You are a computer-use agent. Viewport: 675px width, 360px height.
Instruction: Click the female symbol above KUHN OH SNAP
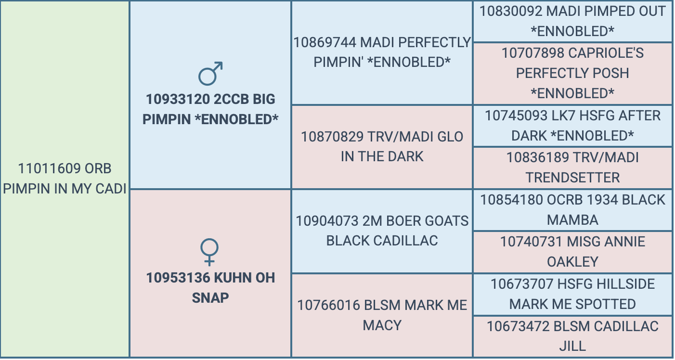pos(209,252)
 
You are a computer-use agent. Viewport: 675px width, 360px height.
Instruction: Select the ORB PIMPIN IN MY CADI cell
pos(65,179)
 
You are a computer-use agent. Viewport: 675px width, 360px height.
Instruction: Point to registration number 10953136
pos(178,278)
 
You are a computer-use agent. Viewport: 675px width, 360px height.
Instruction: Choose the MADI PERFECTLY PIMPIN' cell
pos(382,53)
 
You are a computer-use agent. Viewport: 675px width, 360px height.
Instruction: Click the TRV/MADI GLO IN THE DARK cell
pos(382,147)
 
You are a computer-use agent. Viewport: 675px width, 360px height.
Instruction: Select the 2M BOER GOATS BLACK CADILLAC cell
pos(382,231)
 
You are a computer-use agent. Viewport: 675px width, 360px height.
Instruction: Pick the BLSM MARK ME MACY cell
pos(382,316)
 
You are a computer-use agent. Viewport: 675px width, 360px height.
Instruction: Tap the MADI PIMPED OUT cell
pos(572,21)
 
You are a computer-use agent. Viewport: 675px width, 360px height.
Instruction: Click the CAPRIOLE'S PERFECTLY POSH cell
pos(572,74)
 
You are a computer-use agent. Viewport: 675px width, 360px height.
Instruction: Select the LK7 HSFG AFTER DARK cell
pos(572,126)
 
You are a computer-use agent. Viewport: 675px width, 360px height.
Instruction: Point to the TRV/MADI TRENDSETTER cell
pos(572,168)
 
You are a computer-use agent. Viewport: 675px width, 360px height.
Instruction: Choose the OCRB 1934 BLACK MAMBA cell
pos(572,210)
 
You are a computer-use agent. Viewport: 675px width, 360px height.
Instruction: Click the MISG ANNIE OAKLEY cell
pos(572,252)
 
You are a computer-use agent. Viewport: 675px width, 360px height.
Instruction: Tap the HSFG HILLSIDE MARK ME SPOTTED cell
pos(572,295)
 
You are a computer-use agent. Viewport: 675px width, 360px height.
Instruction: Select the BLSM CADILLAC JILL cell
pos(572,337)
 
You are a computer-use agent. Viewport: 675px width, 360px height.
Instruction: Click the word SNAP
pos(210,298)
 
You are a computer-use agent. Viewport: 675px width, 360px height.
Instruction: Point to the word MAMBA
pos(572,220)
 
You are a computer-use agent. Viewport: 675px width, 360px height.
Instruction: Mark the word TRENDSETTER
pos(572,178)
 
